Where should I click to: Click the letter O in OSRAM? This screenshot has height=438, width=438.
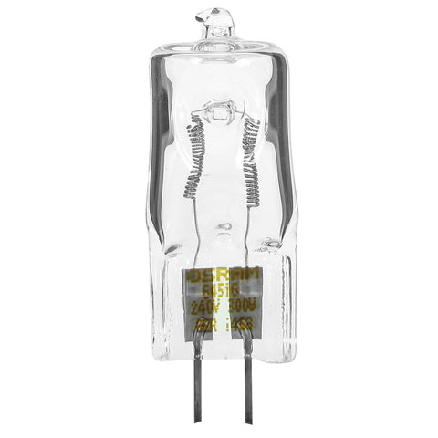(192, 275)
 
